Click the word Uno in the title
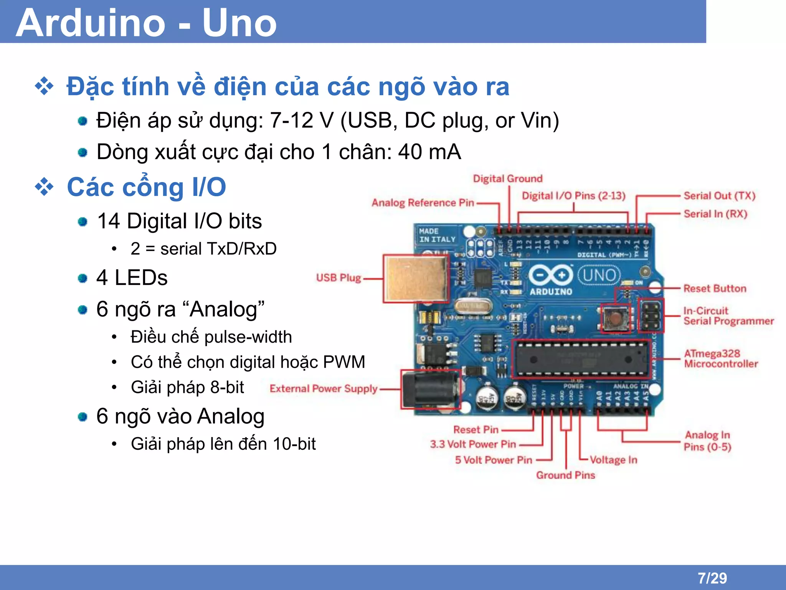click(239, 23)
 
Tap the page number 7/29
click(712, 578)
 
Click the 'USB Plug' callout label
click(338, 278)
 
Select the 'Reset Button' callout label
click(715, 288)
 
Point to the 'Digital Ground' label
click(507, 179)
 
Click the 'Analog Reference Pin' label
click(423, 203)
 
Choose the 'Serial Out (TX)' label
click(719, 196)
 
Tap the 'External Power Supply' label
click(323, 389)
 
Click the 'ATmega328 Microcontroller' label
click(720, 358)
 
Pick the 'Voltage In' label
click(613, 460)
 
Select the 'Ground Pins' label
click(565, 475)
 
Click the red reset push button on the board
click(615, 318)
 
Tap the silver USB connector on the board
click(416, 278)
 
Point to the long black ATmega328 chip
click(581, 359)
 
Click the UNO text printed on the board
click(599, 275)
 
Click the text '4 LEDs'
click(132, 277)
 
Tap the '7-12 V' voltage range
click(301, 120)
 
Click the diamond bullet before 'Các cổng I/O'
click(45, 187)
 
